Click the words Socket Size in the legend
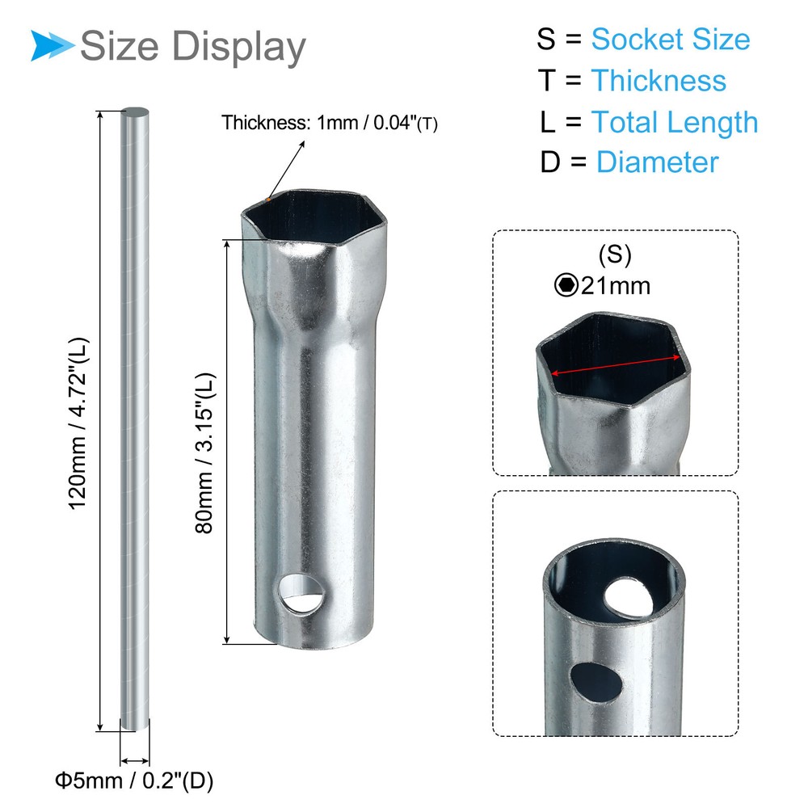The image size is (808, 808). click(x=670, y=39)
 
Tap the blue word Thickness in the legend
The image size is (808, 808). click(x=658, y=81)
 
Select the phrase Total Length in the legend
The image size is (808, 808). click(x=675, y=122)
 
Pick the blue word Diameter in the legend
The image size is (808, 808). click(x=657, y=162)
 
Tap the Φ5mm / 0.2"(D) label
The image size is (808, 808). click(x=134, y=781)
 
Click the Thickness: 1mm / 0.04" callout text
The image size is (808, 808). click(x=330, y=124)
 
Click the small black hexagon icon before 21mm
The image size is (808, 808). click(x=565, y=284)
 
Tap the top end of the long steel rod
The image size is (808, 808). click(x=135, y=116)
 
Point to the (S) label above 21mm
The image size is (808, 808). click(x=614, y=255)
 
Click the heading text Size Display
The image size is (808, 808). click(x=193, y=46)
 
